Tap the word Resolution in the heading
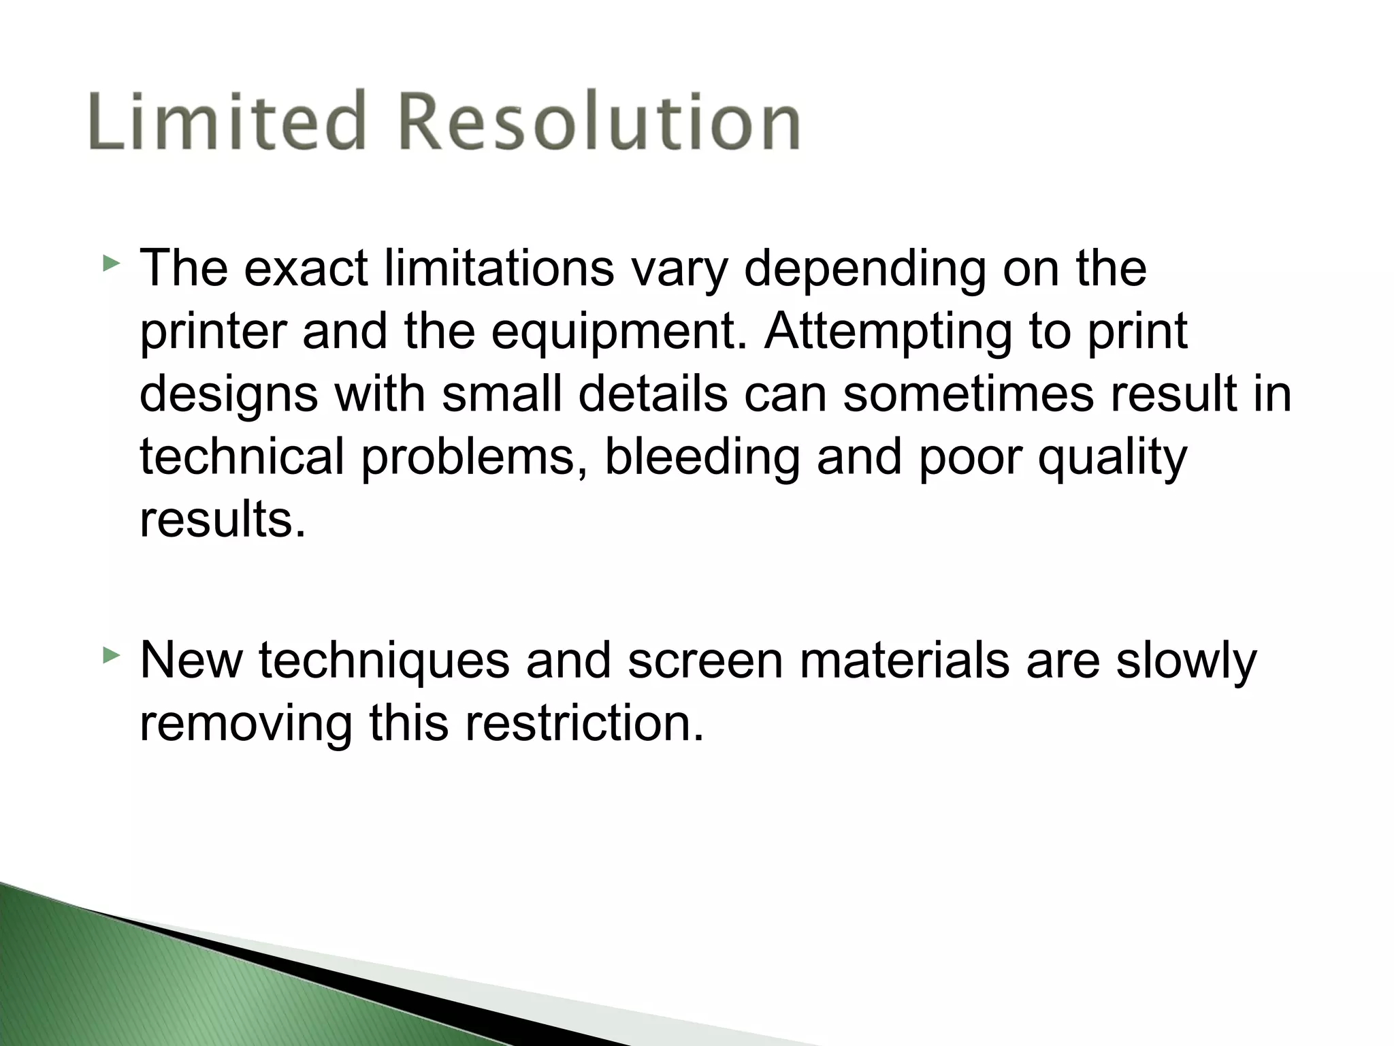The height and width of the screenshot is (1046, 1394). click(x=598, y=121)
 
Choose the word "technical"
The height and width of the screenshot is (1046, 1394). click(x=242, y=457)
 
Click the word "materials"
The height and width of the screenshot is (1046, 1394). click(x=905, y=659)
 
